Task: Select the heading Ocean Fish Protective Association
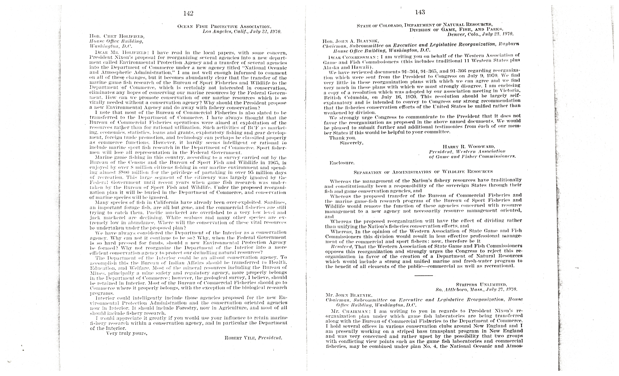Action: [224, 26]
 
